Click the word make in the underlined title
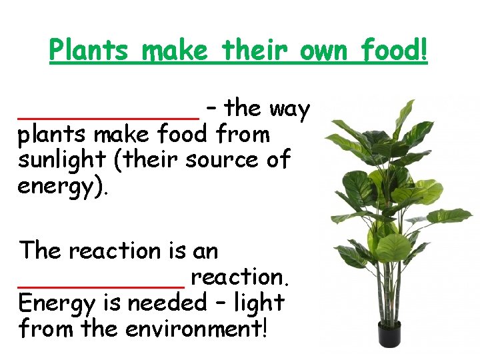175,51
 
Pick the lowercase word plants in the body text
52,135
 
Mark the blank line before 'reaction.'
101,284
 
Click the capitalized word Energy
56,303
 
